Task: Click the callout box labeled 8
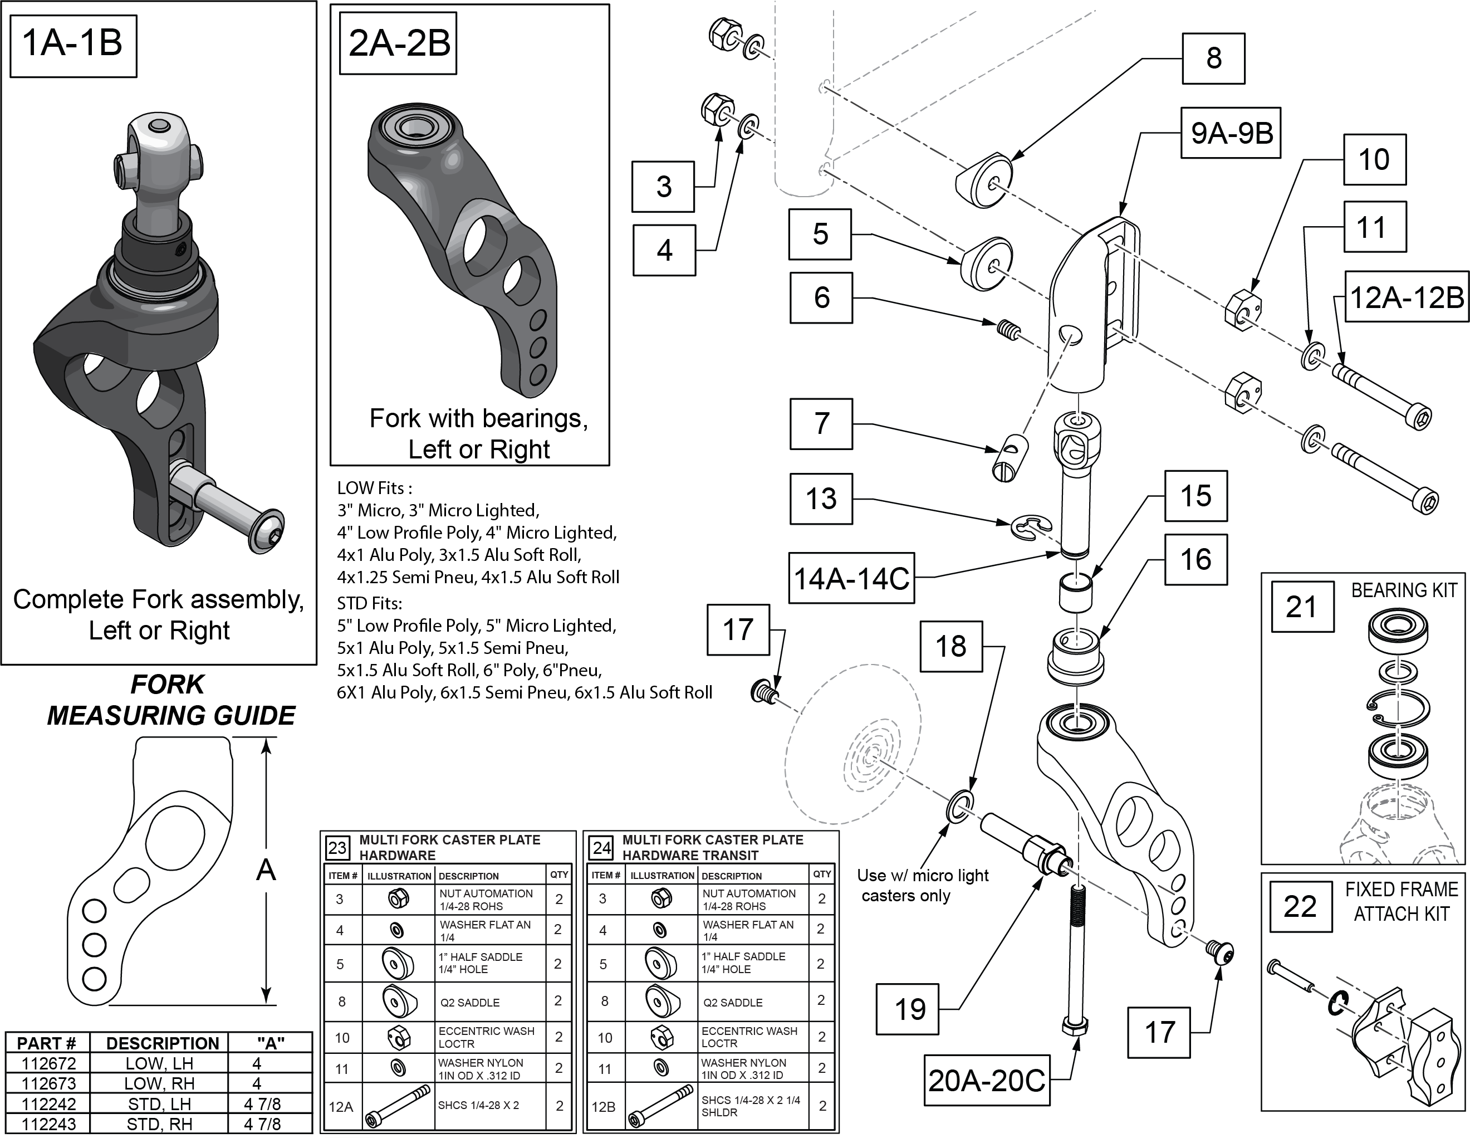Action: [1213, 58]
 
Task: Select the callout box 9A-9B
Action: [1231, 133]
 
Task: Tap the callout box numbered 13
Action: [821, 499]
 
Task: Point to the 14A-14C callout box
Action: [851, 578]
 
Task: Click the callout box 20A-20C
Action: [986, 1081]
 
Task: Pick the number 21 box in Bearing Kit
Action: [1302, 607]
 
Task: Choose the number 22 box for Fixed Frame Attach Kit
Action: [1300, 907]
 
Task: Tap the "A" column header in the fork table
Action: [270, 1043]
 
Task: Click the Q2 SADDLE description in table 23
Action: [470, 1003]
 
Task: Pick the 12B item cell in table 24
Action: [603, 1106]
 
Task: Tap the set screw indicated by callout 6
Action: [1007, 330]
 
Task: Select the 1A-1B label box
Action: [73, 45]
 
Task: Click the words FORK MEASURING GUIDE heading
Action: [170, 700]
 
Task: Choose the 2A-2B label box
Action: [399, 43]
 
